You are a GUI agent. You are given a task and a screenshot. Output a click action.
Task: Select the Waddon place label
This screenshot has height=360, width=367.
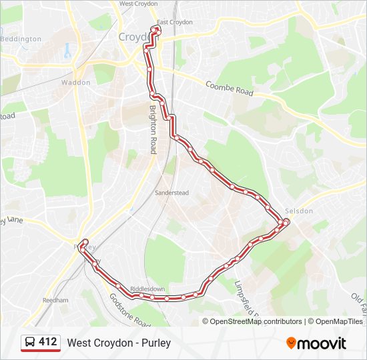[x=75, y=83]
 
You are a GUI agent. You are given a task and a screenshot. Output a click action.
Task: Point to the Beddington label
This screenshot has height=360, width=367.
[x=21, y=39]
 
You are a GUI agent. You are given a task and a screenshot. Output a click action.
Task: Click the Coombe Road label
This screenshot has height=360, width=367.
[x=230, y=89]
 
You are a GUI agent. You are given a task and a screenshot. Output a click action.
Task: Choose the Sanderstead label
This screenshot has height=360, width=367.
[x=172, y=193]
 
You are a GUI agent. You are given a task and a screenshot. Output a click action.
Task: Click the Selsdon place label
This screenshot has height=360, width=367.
[x=298, y=211]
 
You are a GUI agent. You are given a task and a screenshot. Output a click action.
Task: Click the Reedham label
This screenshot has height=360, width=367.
[x=56, y=301]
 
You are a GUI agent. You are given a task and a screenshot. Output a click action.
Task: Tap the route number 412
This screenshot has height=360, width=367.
[x=48, y=342]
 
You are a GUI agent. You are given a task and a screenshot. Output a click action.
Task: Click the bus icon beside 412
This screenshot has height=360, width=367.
[x=30, y=343]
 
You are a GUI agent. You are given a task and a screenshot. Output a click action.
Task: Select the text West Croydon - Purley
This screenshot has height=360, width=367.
[x=119, y=343]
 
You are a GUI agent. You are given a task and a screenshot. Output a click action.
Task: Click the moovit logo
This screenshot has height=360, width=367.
[x=316, y=343]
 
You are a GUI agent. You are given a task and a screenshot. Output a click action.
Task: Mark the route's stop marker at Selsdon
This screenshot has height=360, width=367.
[x=286, y=221]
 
